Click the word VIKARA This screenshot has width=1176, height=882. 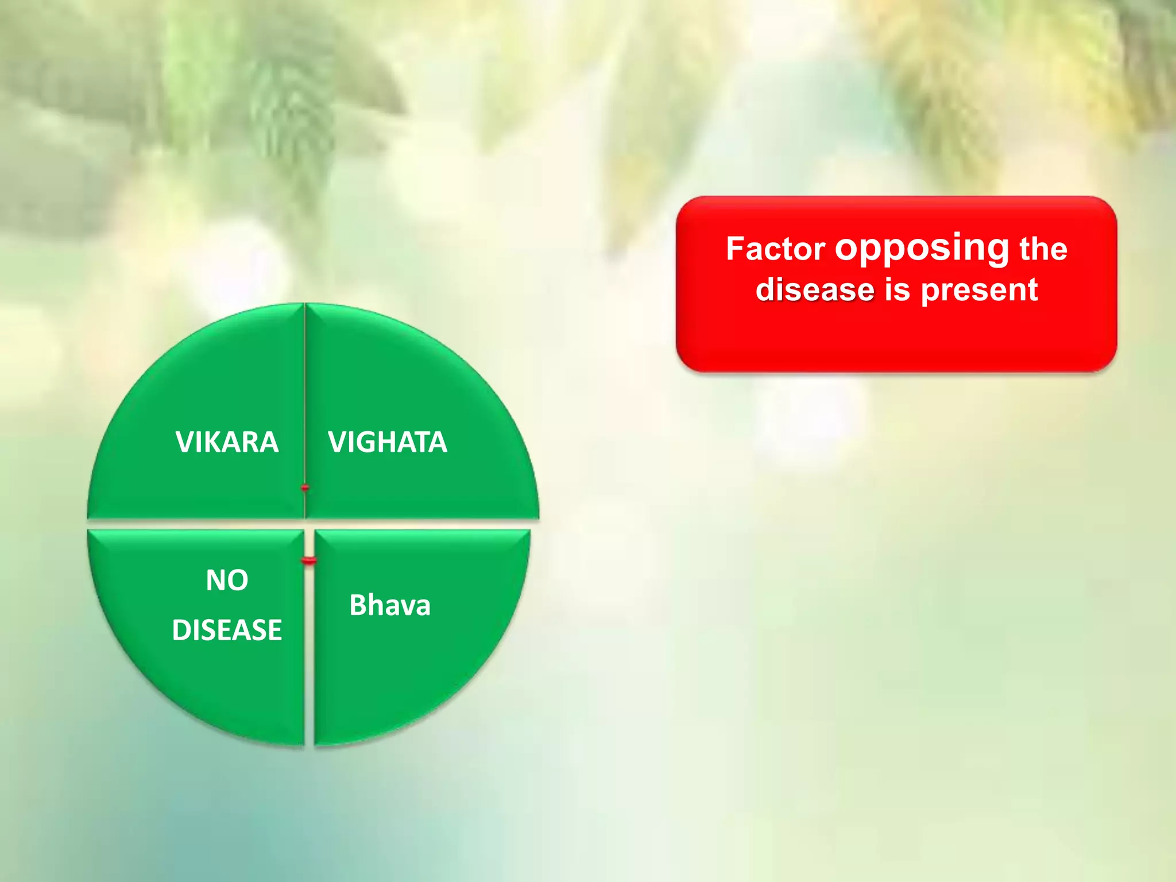click(x=227, y=442)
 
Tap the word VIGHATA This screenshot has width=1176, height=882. click(x=388, y=442)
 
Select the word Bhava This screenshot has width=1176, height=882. click(x=390, y=605)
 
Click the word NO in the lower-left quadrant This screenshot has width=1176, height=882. click(x=227, y=581)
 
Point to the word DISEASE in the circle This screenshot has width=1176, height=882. click(x=227, y=630)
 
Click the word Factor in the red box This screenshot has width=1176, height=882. click(x=775, y=249)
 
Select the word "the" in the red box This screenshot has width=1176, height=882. click(x=1043, y=249)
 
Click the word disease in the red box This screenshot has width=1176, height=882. click(x=815, y=289)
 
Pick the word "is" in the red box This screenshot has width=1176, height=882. click(x=898, y=289)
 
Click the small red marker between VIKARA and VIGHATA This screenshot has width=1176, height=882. click(x=305, y=488)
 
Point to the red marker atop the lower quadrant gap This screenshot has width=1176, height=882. click(x=309, y=560)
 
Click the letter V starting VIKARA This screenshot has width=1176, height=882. click(x=184, y=442)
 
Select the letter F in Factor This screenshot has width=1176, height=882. click(x=734, y=249)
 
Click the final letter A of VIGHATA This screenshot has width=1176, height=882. click(x=438, y=442)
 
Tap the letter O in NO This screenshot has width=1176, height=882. click(x=238, y=581)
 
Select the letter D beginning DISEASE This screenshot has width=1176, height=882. click(x=180, y=630)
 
